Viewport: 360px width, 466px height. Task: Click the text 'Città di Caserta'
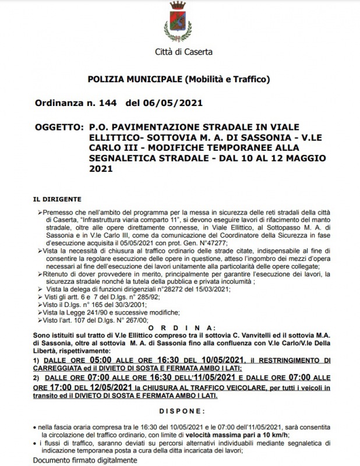(183, 52)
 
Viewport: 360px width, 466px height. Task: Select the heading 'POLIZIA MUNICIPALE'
(135, 78)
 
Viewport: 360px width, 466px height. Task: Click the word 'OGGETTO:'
(57, 126)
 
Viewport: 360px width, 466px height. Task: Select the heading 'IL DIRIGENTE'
(57, 199)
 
